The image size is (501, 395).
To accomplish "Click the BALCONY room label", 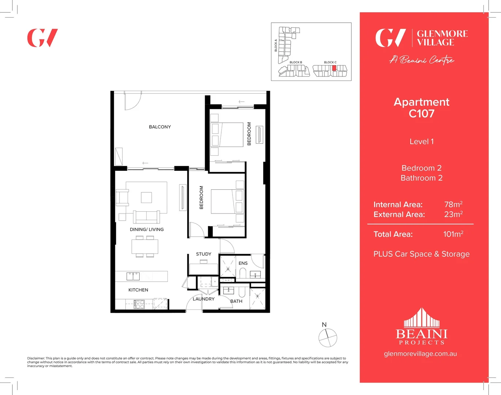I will pos(160,127).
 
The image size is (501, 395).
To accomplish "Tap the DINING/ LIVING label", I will pos(147,229).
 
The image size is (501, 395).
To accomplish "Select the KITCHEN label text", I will pos(138,290).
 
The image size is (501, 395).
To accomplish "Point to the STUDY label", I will pos(203,254).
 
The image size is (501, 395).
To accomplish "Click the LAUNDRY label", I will pos(203,299).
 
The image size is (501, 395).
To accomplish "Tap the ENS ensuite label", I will pos(243,263).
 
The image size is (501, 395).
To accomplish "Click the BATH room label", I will pos(236,301).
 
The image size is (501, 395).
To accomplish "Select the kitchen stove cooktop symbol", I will pos(139,304).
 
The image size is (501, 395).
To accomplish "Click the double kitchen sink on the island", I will pos(133,276).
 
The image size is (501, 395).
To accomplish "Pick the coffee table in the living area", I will pos(146,197).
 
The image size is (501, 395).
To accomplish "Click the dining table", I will pos(145,247).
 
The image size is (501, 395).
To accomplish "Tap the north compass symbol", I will pos(327,338).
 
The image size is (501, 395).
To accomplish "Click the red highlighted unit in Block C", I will pos(334,68).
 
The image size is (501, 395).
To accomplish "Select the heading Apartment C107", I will pos(421,108).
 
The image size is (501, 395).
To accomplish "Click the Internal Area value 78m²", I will pos(453,204).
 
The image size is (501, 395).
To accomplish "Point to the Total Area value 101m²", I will pos(453,234).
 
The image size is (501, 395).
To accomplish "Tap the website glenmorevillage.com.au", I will pos(420,354).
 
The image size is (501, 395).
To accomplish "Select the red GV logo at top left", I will pos(42,38).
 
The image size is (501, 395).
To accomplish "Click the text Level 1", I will pos(421,142).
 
